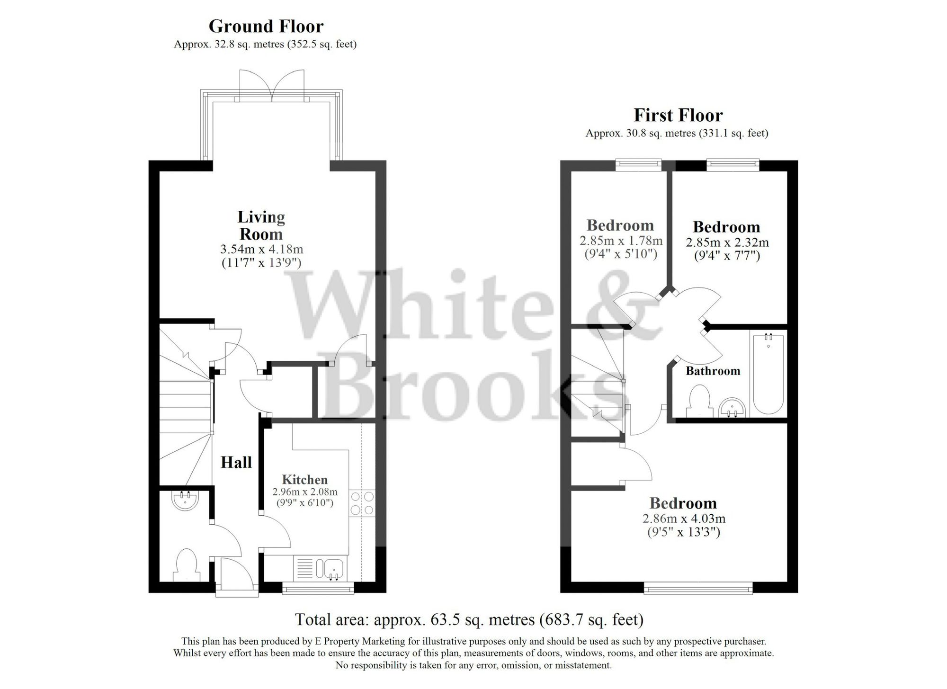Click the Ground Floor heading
coord(266,27)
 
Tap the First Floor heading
coord(678,116)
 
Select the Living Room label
coord(261,225)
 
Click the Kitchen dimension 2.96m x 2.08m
coord(305,492)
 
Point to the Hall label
coord(236,462)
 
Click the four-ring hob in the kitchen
coord(362,503)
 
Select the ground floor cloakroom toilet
coord(185,564)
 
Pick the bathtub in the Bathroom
coord(768,374)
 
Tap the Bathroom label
coord(713,371)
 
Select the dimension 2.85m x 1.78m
coord(621,241)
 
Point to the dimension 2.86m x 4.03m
coord(684,519)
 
